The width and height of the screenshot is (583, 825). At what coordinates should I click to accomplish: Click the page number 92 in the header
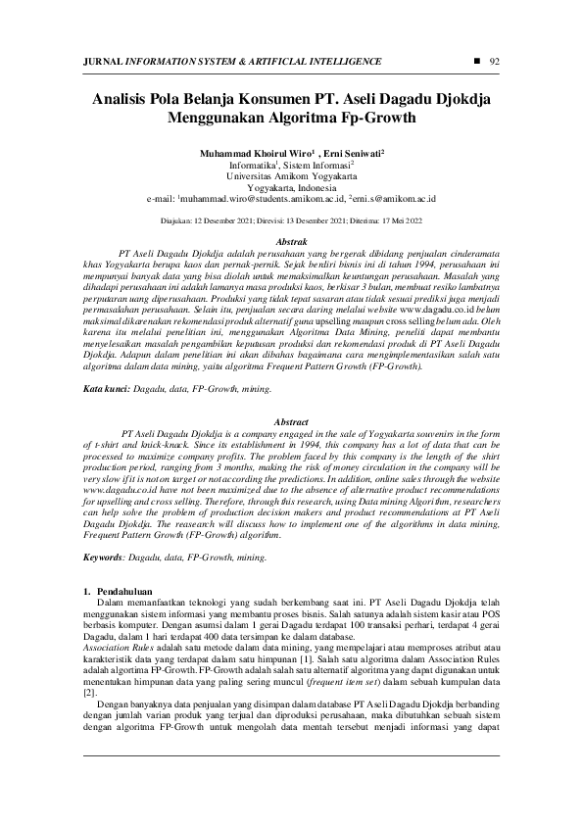point(494,62)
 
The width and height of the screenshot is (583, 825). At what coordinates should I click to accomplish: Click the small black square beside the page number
point(476,61)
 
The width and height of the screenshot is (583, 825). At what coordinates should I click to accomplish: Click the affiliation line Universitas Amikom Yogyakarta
point(290,176)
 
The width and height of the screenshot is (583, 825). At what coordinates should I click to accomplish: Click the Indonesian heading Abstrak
point(293,240)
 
